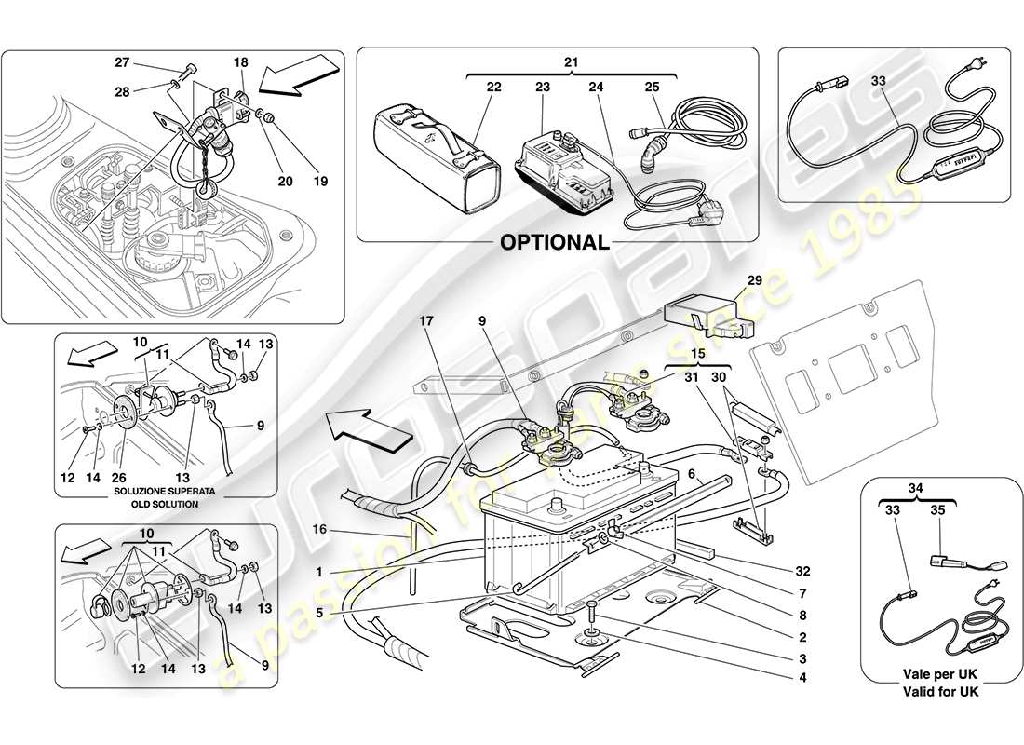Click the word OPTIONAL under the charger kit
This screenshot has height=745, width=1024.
(555, 242)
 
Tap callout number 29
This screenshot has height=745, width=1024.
(753, 280)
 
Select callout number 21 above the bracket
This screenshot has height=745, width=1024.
(571, 61)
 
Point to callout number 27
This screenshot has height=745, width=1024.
(122, 64)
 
